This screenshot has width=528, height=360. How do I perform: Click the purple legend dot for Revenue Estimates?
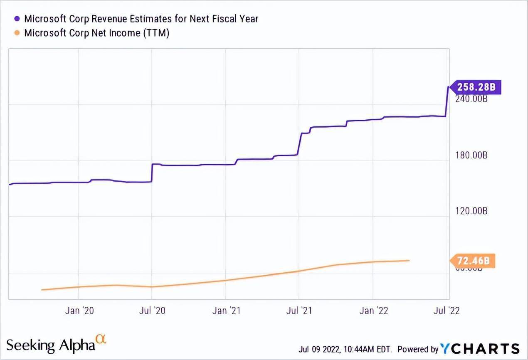point(17,19)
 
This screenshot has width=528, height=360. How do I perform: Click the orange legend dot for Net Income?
point(17,33)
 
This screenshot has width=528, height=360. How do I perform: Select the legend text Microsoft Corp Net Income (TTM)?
point(96,33)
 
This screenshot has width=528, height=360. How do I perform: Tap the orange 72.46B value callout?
point(473,261)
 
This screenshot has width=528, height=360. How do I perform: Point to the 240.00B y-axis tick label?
point(471,100)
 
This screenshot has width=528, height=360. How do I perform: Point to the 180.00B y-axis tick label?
point(471,155)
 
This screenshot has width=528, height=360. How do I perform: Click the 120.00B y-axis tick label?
point(471,211)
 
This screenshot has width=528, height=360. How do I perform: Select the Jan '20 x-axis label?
point(79,311)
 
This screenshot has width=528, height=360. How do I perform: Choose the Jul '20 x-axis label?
point(151,311)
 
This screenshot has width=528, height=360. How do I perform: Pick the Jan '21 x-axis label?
point(225,311)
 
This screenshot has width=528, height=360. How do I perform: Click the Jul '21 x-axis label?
point(299,311)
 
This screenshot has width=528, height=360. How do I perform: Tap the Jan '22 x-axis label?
point(373,311)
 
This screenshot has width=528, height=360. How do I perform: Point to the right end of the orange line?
point(410,261)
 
